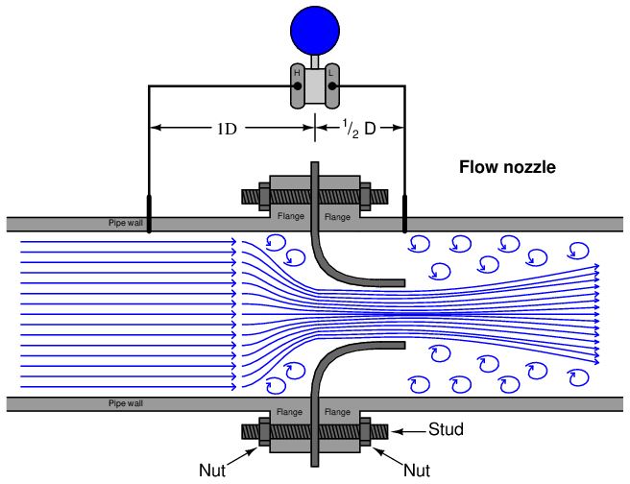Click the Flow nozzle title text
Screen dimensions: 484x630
[507, 167]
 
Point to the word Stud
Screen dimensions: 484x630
[447, 429]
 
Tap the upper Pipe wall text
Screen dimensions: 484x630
[125, 224]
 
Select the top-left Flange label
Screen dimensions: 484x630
[291, 217]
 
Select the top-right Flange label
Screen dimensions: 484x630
[337, 217]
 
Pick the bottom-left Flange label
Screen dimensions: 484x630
[291, 411]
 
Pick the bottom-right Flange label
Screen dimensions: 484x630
[337, 411]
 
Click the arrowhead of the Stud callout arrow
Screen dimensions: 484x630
[395, 431]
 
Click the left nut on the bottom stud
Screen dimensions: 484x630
[263, 432]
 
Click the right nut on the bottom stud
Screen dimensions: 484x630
[366, 432]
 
